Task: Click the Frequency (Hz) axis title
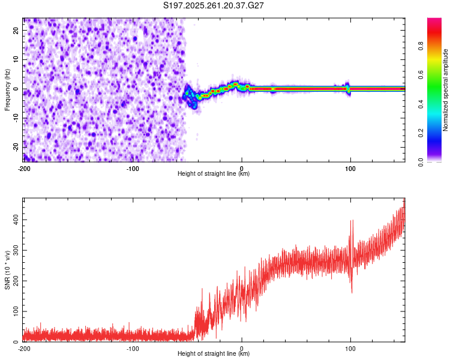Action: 7,89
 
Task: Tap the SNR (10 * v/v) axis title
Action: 7,269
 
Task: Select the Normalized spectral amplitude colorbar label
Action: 446,89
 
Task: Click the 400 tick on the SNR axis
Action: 14,220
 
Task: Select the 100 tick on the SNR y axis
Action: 14,311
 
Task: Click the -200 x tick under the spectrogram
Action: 24,168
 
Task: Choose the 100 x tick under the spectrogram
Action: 350,168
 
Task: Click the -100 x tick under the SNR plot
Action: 133,348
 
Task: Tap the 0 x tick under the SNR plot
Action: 242,348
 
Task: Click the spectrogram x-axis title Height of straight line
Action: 214,174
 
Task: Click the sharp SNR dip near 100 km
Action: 352,292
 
